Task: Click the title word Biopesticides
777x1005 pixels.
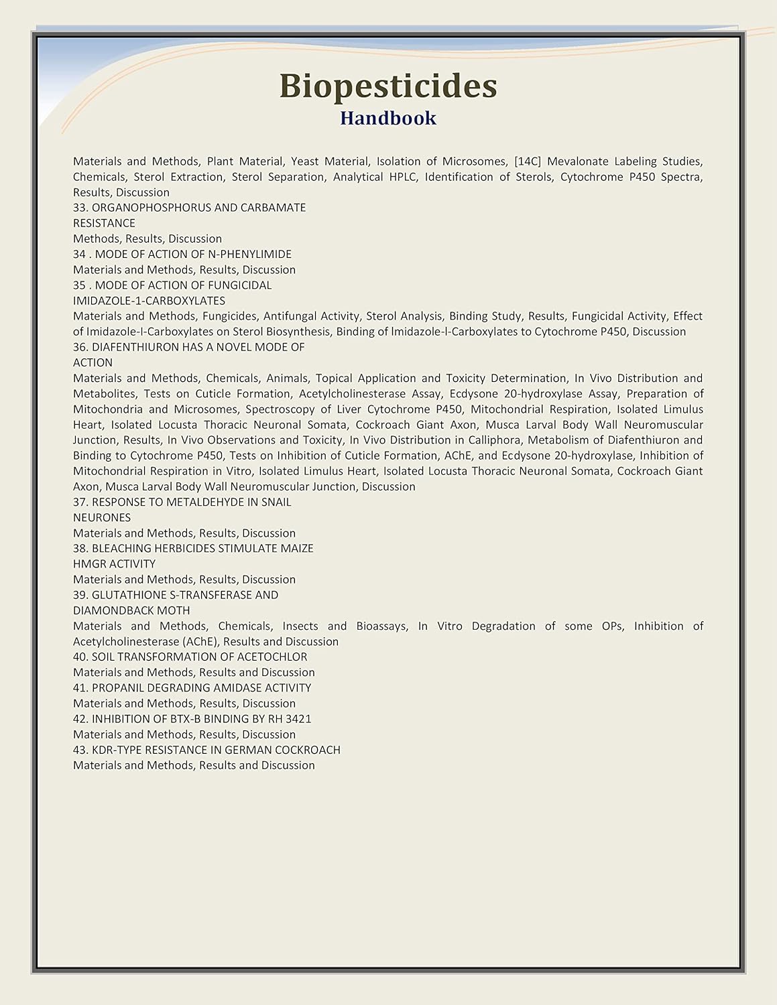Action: [388, 86]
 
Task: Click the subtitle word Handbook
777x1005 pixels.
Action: [388, 119]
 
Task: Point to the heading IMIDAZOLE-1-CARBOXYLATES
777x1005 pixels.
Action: [149, 301]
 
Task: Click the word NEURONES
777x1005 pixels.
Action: [102, 517]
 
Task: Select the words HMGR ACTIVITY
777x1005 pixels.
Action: [114, 564]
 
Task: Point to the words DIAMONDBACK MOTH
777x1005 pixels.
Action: [131, 610]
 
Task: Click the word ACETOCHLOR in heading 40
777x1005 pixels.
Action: [275, 657]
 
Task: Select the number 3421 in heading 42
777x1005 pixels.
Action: [298, 719]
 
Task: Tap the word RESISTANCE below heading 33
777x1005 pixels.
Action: [104, 223]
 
